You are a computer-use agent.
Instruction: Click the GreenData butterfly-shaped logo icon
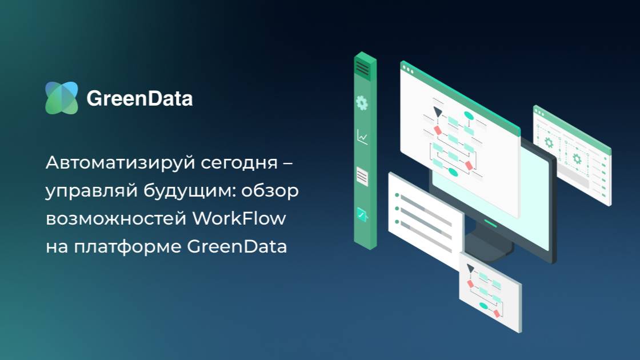(61, 98)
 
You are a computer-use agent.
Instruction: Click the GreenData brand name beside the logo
(139, 99)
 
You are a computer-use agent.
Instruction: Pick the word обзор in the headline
(270, 191)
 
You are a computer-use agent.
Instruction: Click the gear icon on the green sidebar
(362, 103)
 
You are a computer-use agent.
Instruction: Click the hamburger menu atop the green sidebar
(362, 69)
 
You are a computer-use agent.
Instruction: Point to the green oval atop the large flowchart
(469, 116)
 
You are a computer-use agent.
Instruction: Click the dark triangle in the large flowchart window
(438, 112)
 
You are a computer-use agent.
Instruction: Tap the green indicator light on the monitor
(490, 219)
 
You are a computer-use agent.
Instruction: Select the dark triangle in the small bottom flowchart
(470, 268)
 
